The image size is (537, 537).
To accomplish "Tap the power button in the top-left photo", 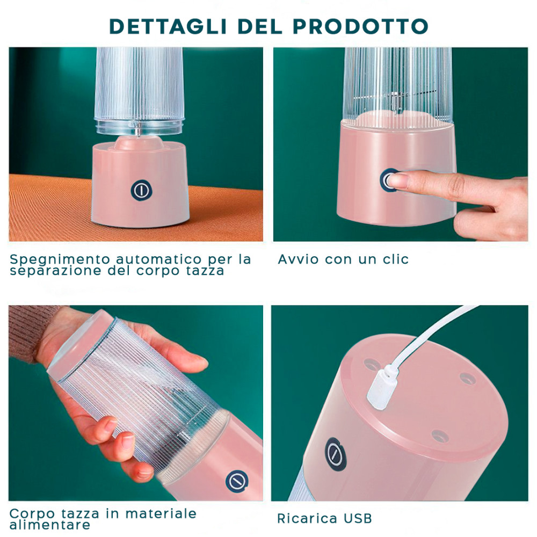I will tap(139, 190).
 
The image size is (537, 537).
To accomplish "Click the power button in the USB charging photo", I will tap(334, 451).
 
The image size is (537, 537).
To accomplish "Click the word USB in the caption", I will tap(355, 518).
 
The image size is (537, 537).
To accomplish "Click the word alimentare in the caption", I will tap(50, 525).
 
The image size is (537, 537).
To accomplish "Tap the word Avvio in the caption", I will tap(296, 259).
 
